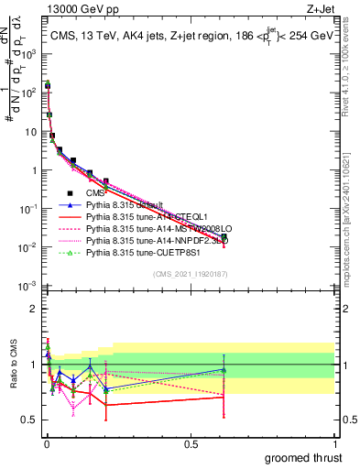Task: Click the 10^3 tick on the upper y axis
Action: pos(29,53)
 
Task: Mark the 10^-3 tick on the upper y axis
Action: pos(29,287)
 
